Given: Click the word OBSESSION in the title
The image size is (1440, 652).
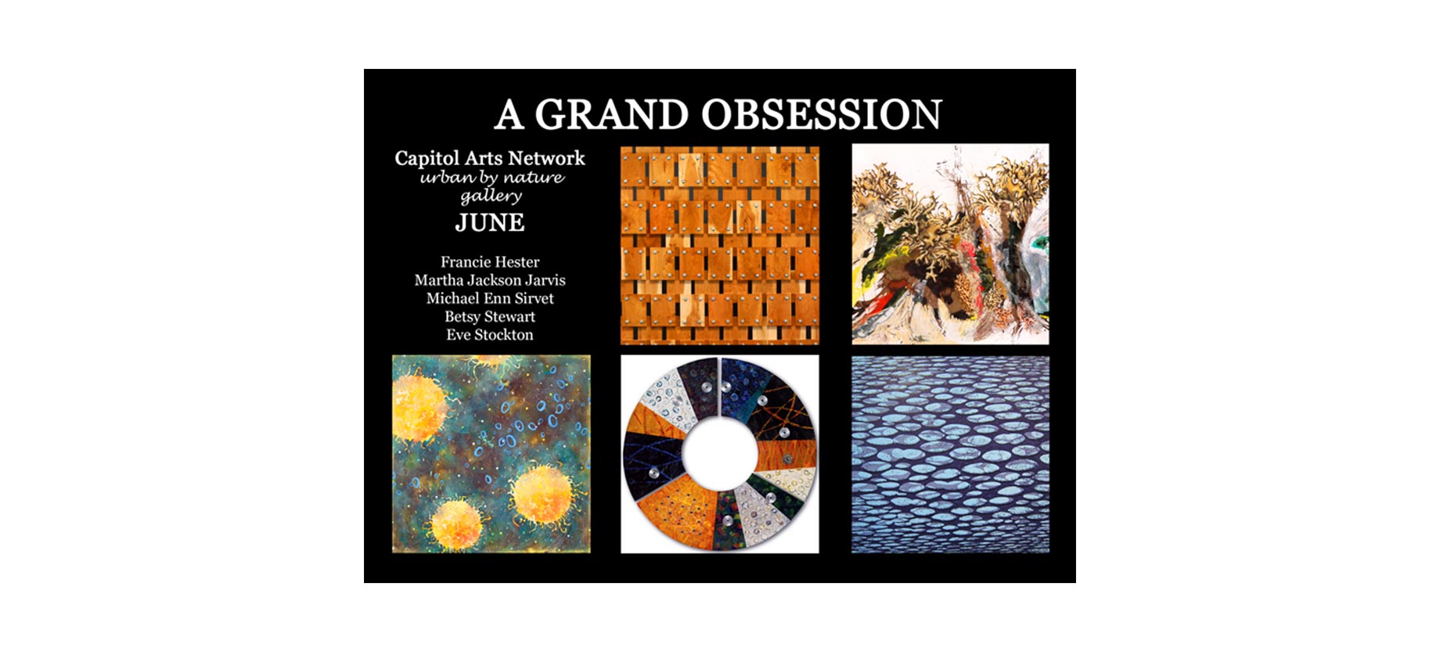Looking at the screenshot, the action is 822,114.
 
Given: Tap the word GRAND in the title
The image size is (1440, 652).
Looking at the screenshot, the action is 611,114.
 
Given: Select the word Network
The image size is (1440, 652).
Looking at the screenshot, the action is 547,158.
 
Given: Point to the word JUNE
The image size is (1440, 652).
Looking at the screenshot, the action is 490,223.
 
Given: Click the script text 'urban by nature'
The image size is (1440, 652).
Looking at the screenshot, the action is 492,178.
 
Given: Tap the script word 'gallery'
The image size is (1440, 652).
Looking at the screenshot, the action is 491,196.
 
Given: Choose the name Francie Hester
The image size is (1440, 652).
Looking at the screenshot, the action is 490,262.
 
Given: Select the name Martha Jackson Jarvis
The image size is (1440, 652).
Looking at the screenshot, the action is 490,280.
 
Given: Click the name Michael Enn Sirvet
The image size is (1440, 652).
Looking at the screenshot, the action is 490,298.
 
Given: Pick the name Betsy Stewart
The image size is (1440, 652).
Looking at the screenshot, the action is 490,316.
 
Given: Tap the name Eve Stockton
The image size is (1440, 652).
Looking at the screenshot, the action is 490,334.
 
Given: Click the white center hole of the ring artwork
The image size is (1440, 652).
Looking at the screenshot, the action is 720,455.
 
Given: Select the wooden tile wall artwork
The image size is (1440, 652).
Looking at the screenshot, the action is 720,244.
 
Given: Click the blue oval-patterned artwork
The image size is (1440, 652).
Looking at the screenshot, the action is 950,454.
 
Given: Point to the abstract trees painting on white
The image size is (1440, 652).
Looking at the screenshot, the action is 950,244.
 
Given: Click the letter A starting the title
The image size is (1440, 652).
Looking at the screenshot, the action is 509,114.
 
